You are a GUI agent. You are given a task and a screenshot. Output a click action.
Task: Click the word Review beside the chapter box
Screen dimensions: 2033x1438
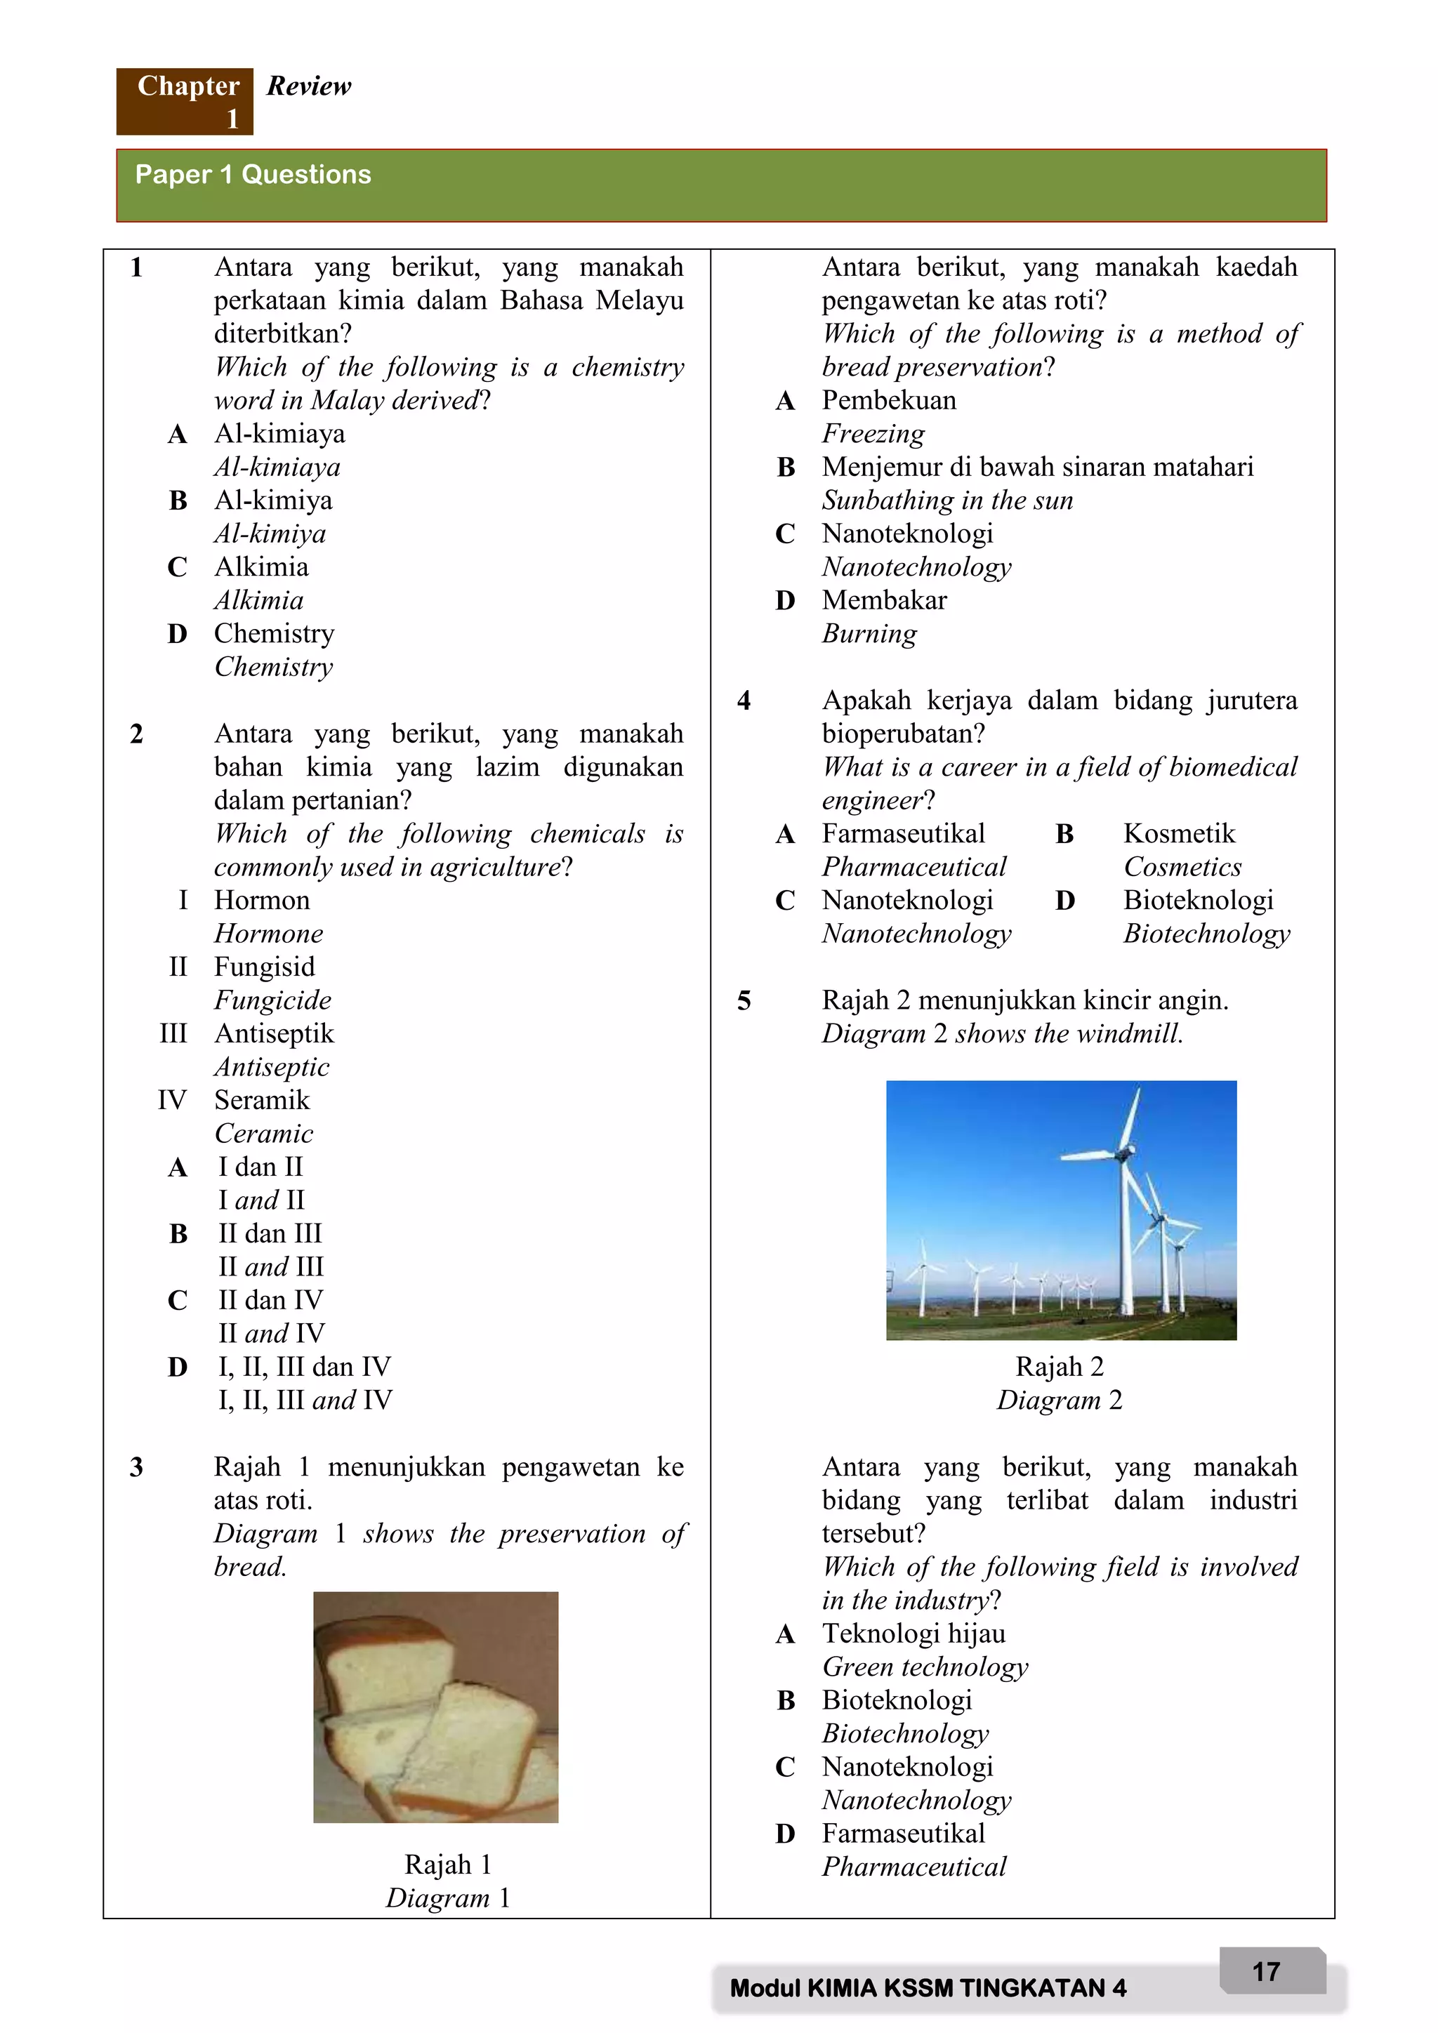point(308,86)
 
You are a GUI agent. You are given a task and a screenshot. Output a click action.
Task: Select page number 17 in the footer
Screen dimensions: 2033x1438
point(1266,1971)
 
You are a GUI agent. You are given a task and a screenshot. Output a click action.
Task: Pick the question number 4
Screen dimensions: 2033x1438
point(744,701)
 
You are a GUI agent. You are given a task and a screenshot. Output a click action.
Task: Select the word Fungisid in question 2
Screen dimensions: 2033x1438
point(264,966)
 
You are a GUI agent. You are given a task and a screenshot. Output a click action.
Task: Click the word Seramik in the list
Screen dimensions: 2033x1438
point(262,1100)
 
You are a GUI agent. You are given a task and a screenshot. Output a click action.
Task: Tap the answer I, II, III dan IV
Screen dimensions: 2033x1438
point(304,1366)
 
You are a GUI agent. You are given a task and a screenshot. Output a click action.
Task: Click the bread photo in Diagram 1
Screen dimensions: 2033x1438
point(435,1707)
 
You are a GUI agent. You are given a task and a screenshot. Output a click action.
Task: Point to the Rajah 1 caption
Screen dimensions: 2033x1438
point(447,1864)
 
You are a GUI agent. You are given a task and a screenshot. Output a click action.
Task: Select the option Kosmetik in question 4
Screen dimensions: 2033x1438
point(1179,833)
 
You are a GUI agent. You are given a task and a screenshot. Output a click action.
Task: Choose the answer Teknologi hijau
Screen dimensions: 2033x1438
point(913,1633)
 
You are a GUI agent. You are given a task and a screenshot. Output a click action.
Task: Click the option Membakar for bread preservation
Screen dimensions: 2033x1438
point(884,600)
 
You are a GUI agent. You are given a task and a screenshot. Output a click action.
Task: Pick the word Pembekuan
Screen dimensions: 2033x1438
point(888,400)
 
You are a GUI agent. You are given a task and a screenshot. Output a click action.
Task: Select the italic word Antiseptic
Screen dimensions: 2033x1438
point(271,1067)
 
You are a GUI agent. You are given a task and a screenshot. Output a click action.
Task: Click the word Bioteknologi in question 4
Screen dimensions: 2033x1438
point(1197,900)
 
